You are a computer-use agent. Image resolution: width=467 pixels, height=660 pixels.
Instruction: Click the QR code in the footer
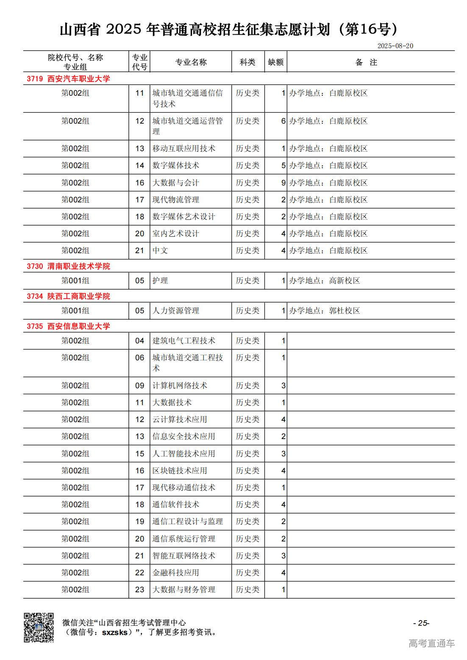(x=39, y=627)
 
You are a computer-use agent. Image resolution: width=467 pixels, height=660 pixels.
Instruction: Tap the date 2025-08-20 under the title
(x=395, y=46)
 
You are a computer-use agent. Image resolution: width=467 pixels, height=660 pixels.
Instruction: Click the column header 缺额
(x=275, y=62)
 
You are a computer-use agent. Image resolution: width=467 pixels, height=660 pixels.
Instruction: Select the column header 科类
(x=247, y=62)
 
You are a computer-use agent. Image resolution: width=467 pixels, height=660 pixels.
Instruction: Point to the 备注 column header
(x=366, y=62)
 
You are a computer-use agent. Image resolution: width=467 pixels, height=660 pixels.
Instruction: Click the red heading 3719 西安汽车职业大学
(x=68, y=79)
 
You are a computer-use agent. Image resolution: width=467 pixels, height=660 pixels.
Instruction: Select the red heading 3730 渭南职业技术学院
(x=68, y=266)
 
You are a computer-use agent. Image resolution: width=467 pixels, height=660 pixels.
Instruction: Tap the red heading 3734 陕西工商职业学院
(x=68, y=296)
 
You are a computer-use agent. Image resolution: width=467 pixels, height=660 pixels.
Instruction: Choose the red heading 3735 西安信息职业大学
(x=68, y=326)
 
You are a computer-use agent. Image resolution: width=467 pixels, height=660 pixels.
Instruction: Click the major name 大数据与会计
(x=175, y=183)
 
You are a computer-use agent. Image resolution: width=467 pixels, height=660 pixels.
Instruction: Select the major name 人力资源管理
(x=175, y=311)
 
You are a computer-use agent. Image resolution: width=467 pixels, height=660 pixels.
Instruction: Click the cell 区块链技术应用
(x=180, y=471)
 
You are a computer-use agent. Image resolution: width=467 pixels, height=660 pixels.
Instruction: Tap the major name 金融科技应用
(x=175, y=573)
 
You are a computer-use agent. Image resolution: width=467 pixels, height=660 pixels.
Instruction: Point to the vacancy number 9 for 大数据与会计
(x=283, y=183)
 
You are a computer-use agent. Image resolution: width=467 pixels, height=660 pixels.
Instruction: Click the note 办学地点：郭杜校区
(x=325, y=311)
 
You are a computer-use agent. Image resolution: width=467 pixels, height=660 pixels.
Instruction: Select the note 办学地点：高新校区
(x=325, y=281)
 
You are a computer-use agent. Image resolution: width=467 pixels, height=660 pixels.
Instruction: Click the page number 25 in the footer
(x=421, y=623)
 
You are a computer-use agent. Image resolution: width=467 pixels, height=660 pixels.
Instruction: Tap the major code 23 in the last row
(x=139, y=590)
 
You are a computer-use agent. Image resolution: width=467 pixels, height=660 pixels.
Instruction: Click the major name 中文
(x=160, y=251)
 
